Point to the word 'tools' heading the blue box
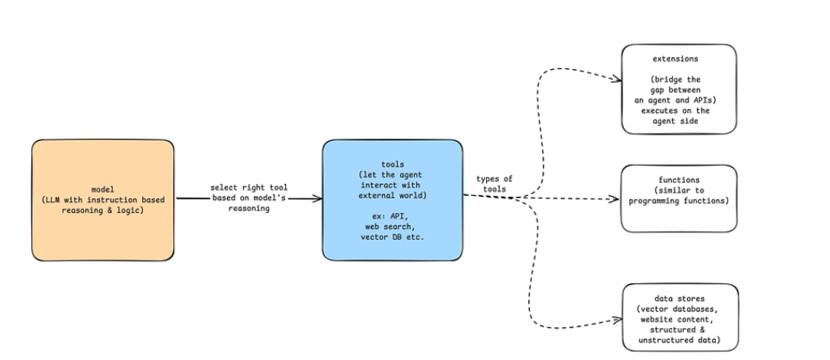(392, 164)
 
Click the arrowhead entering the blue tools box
(317, 199)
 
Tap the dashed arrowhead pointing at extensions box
(616, 81)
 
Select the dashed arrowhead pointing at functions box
(615, 199)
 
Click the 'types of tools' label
(494, 183)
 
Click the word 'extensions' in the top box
(679, 60)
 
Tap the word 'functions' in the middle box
(679, 180)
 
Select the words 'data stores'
(679, 298)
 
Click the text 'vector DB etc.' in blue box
(392, 238)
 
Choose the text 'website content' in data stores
(679, 320)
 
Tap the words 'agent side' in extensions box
(679, 121)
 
